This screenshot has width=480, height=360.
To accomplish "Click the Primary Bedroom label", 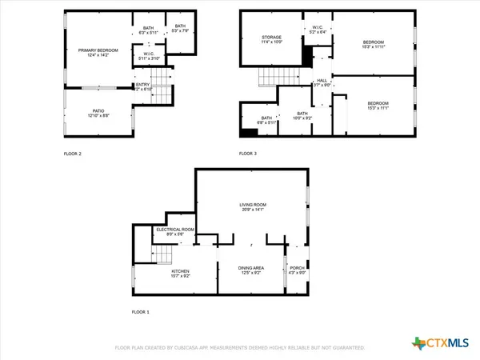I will (98, 50).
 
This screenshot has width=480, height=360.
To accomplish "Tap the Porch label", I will (297, 268).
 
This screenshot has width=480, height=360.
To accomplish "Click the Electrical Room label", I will (175, 230).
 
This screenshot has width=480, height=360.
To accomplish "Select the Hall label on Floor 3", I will (322, 81).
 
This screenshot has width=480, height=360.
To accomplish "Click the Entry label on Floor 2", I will (142, 85).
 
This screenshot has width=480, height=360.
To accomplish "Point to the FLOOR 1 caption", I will (140, 312).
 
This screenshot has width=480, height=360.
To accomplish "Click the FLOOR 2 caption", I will (73, 152).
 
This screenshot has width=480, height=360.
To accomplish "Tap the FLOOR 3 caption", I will (248, 152).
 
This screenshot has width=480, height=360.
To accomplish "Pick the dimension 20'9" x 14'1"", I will (253, 211).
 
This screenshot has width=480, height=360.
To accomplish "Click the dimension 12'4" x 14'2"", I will (98, 55).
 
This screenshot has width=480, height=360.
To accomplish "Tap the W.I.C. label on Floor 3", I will (318, 28).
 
